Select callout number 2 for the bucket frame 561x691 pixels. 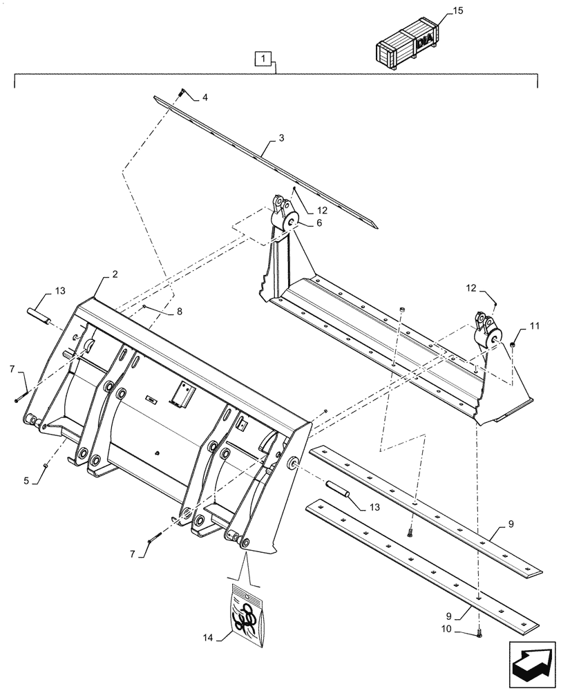114,274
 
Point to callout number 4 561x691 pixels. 204,97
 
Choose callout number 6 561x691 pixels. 318,223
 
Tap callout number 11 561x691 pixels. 535,324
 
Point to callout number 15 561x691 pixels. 457,12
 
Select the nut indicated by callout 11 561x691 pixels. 513,343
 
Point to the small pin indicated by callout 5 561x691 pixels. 46,466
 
